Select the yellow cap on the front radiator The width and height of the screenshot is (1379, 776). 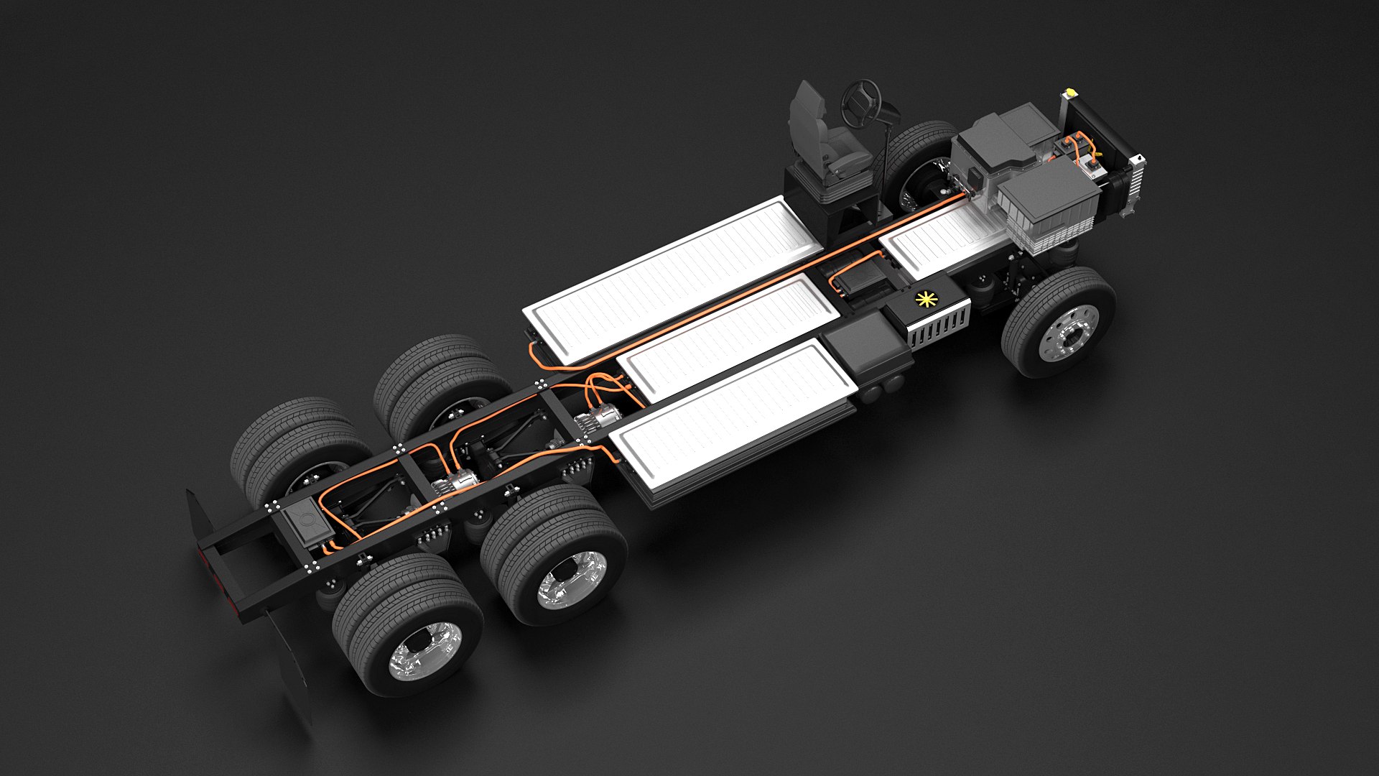pyautogui.click(x=1070, y=93)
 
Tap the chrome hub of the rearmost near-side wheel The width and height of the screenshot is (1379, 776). pyautogui.click(x=423, y=650)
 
